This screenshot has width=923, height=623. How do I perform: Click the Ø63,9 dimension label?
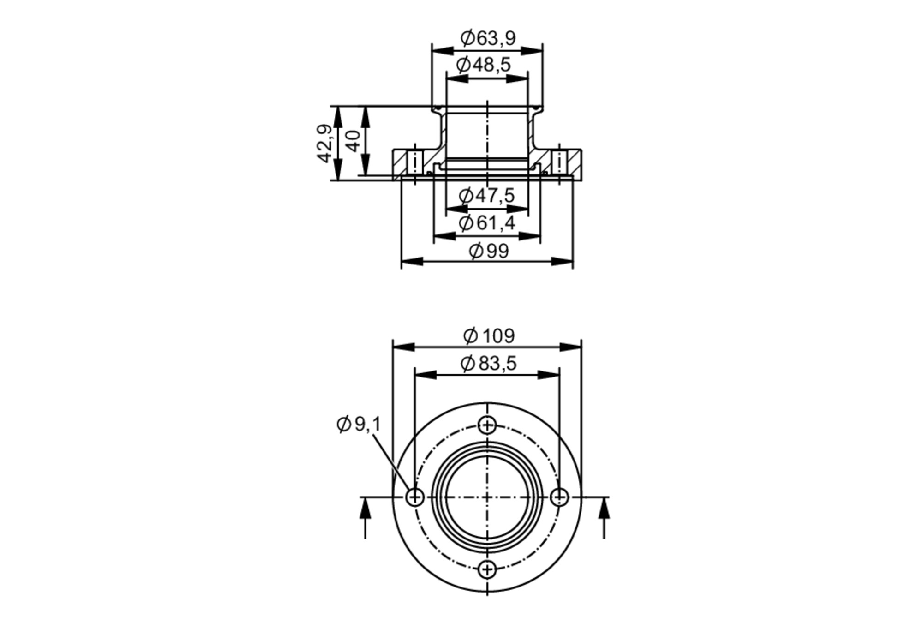pyautogui.click(x=488, y=38)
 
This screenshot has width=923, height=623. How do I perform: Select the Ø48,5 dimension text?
pyautogui.click(x=484, y=65)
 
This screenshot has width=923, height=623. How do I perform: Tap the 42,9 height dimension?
pyautogui.click(x=324, y=143)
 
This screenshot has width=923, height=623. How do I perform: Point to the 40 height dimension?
pyautogui.click(x=354, y=141)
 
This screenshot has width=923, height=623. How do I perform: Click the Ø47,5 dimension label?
pyautogui.click(x=486, y=196)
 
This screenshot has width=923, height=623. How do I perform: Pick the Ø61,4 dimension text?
pyautogui.click(x=486, y=223)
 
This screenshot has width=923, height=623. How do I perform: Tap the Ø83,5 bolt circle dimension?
pyautogui.click(x=488, y=364)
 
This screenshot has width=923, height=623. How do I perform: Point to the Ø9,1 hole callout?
pyautogui.click(x=359, y=424)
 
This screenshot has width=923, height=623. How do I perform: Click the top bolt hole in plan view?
pyautogui.click(x=487, y=425)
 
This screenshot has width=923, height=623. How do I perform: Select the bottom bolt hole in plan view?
pyautogui.click(x=487, y=569)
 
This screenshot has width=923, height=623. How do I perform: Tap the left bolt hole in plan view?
pyautogui.click(x=415, y=497)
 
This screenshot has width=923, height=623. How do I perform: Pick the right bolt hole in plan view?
pyautogui.click(x=560, y=497)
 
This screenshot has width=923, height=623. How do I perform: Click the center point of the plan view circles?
pyautogui.click(x=487, y=497)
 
